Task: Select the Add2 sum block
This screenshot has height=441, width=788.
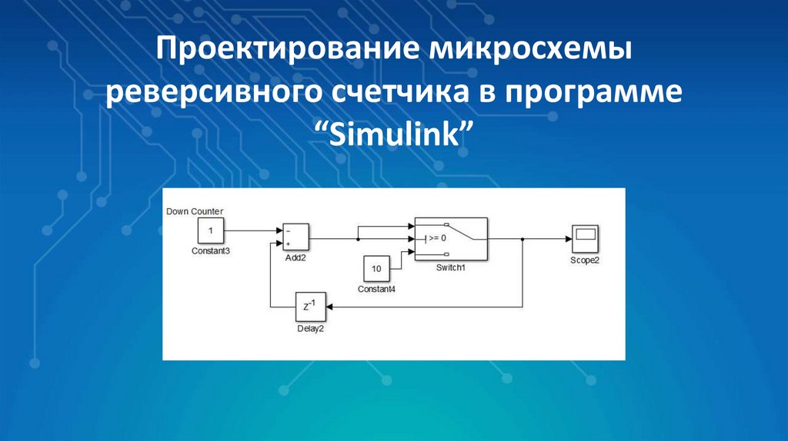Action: coord(295,237)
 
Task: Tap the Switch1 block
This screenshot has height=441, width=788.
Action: coord(450,238)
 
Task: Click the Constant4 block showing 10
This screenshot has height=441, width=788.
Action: coord(376,269)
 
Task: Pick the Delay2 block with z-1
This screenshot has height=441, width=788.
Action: coord(309,307)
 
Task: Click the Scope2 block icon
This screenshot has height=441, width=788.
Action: coord(585,239)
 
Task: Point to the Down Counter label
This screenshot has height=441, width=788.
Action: coord(195,211)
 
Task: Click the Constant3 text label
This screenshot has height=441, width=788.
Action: coord(211,250)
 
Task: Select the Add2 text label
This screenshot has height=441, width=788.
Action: coord(295,258)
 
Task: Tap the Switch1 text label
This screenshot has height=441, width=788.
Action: coord(452,267)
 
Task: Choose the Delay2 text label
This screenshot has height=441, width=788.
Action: coord(310,328)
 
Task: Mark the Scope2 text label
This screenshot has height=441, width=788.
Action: coord(585,260)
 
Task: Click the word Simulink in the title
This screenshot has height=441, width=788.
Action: coord(393,136)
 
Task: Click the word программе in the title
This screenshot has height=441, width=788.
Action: coord(593,94)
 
